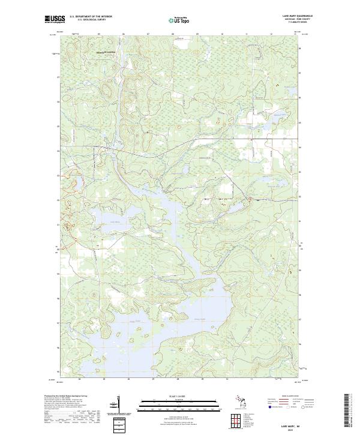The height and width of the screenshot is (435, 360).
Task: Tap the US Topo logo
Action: click(179, 20)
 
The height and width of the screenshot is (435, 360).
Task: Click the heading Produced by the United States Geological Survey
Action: click(67, 395)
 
